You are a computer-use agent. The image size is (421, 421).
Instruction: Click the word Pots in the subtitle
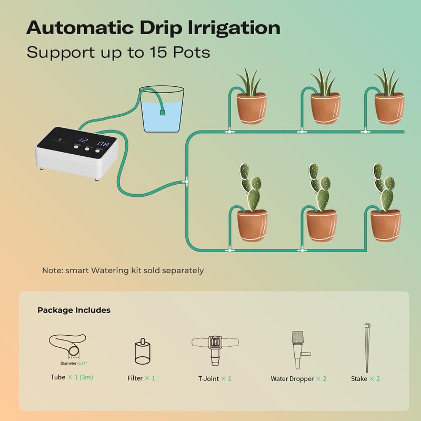[x=193, y=53]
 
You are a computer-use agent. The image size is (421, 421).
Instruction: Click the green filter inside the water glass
[x=163, y=112]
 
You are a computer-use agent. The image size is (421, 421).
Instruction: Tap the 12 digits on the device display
[x=83, y=141]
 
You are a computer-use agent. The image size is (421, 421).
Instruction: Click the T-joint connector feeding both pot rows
[x=185, y=182]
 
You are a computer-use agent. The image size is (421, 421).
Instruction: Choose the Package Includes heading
[x=74, y=310]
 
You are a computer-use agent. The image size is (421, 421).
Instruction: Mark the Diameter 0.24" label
[x=74, y=363]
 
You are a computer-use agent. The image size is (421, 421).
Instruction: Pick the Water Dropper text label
[x=292, y=379]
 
